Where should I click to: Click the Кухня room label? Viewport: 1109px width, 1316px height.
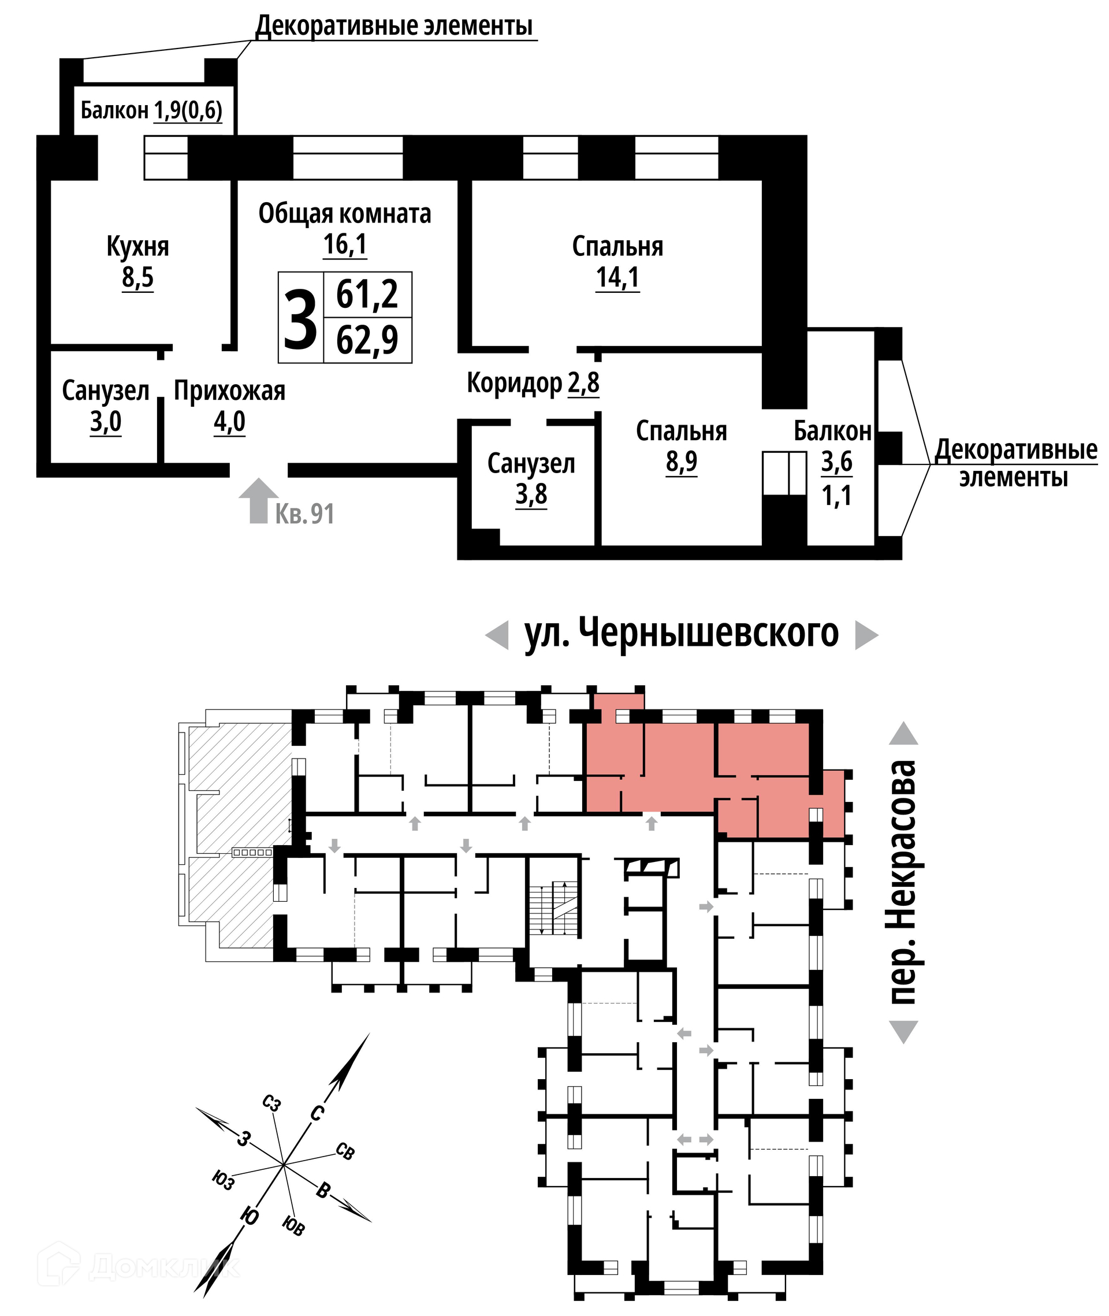click(137, 247)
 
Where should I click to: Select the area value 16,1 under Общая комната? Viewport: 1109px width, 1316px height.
click(344, 244)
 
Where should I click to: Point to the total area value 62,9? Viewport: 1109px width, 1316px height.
click(367, 340)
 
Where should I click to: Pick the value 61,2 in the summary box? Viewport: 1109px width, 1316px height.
click(367, 295)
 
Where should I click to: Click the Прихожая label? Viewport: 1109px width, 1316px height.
click(229, 391)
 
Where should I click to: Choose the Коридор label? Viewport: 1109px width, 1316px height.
click(514, 384)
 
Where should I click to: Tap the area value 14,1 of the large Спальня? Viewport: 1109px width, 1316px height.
click(617, 277)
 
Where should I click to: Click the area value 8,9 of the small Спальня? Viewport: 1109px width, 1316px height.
click(682, 462)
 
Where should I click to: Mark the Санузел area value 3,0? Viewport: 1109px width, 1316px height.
click(106, 422)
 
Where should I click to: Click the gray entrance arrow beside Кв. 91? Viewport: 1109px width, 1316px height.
click(258, 500)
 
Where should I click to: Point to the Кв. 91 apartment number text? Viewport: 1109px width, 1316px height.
click(305, 514)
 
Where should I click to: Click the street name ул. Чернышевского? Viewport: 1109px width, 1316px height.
click(682, 633)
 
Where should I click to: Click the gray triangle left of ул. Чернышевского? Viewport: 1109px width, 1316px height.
click(497, 635)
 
